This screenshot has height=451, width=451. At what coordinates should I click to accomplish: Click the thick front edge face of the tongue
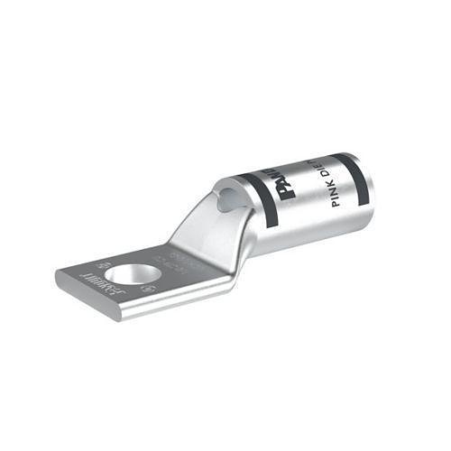(135, 307)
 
